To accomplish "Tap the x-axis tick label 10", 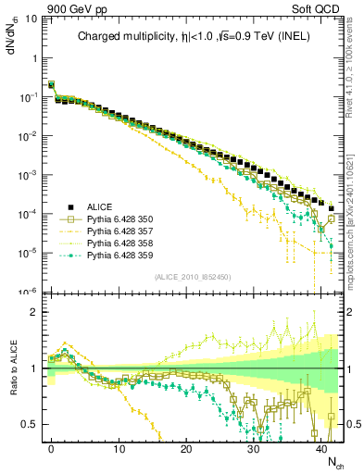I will coord(119,448).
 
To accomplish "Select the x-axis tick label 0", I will coord(51,448).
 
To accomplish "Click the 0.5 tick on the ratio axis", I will coord(31,424).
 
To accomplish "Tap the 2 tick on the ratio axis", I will coord(35,312).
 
